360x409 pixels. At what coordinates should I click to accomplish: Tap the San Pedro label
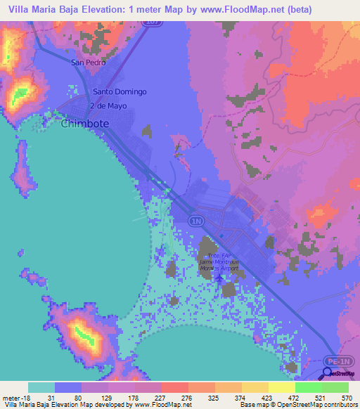[x=88, y=63]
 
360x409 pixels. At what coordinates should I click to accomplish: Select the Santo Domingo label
[x=120, y=92]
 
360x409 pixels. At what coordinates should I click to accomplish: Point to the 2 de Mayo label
[x=108, y=105]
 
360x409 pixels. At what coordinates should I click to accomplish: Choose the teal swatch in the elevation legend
[x=41, y=387]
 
